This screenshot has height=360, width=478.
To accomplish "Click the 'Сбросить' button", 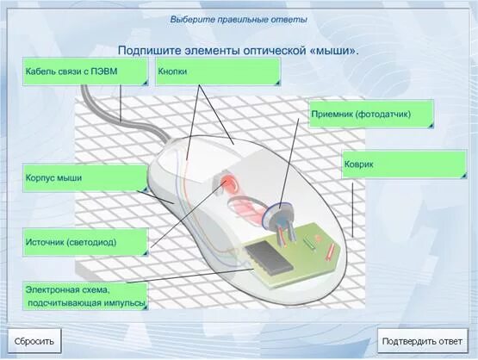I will [34, 341].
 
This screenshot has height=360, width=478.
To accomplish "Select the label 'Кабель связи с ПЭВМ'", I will [84, 71].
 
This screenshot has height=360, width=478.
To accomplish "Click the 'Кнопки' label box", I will [217, 71].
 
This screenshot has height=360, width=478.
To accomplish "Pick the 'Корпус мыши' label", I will [84, 177].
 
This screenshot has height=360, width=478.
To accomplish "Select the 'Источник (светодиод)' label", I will [84, 242].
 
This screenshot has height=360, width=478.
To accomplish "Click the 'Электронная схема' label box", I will [84, 295].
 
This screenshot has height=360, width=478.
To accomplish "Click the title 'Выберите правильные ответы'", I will [238, 19].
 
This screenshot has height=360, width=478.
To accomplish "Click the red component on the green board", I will [332, 250].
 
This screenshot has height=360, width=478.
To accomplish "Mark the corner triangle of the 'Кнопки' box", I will [276, 82].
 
